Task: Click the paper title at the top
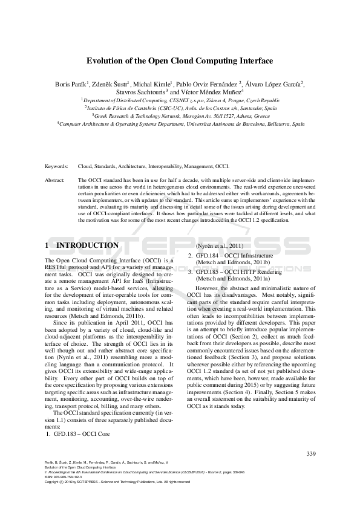[x=180, y=61]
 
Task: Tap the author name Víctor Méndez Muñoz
[x=210, y=92]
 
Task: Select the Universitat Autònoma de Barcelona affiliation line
[x=180, y=123]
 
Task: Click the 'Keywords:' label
[x=56, y=165]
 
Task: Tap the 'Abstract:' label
[x=55, y=180]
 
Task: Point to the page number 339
[x=311, y=454]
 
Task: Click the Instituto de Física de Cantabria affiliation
[x=180, y=108]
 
